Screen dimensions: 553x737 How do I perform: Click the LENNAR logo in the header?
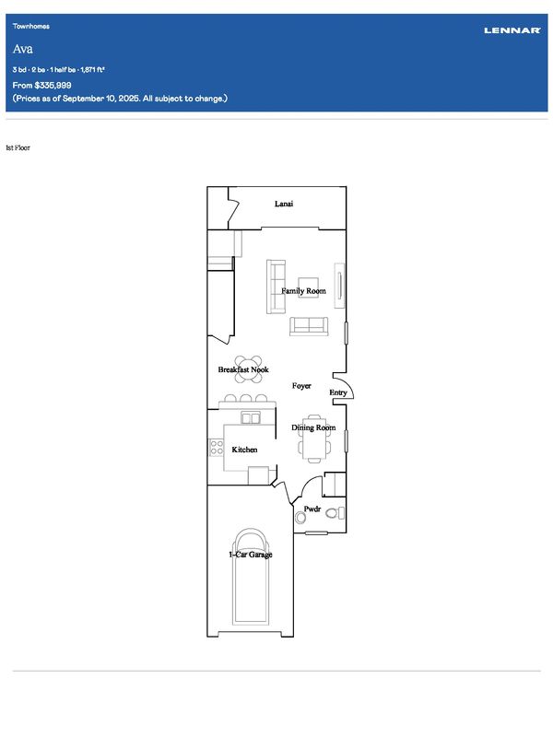tap(512, 30)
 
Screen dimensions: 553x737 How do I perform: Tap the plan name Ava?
tap(22, 49)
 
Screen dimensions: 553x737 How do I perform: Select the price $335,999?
tap(53, 85)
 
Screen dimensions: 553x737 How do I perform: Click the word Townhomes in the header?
tap(31, 27)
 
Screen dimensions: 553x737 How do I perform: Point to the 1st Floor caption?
tap(18, 147)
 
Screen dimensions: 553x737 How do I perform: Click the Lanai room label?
tap(284, 204)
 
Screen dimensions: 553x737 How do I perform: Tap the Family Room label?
tap(303, 291)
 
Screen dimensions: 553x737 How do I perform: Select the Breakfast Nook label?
tap(243, 369)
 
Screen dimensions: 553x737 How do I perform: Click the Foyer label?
tap(301, 386)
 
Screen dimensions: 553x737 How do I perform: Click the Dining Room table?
tap(313, 439)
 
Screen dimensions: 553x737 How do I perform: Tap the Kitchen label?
tap(244, 450)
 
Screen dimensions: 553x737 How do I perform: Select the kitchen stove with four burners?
tap(217, 447)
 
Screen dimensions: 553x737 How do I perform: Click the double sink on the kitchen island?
tap(250, 417)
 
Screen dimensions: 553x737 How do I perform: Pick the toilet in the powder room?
tap(335, 513)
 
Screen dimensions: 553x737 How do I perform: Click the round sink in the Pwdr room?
tap(300, 518)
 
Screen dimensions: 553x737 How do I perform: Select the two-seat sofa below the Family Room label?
tap(309, 326)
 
